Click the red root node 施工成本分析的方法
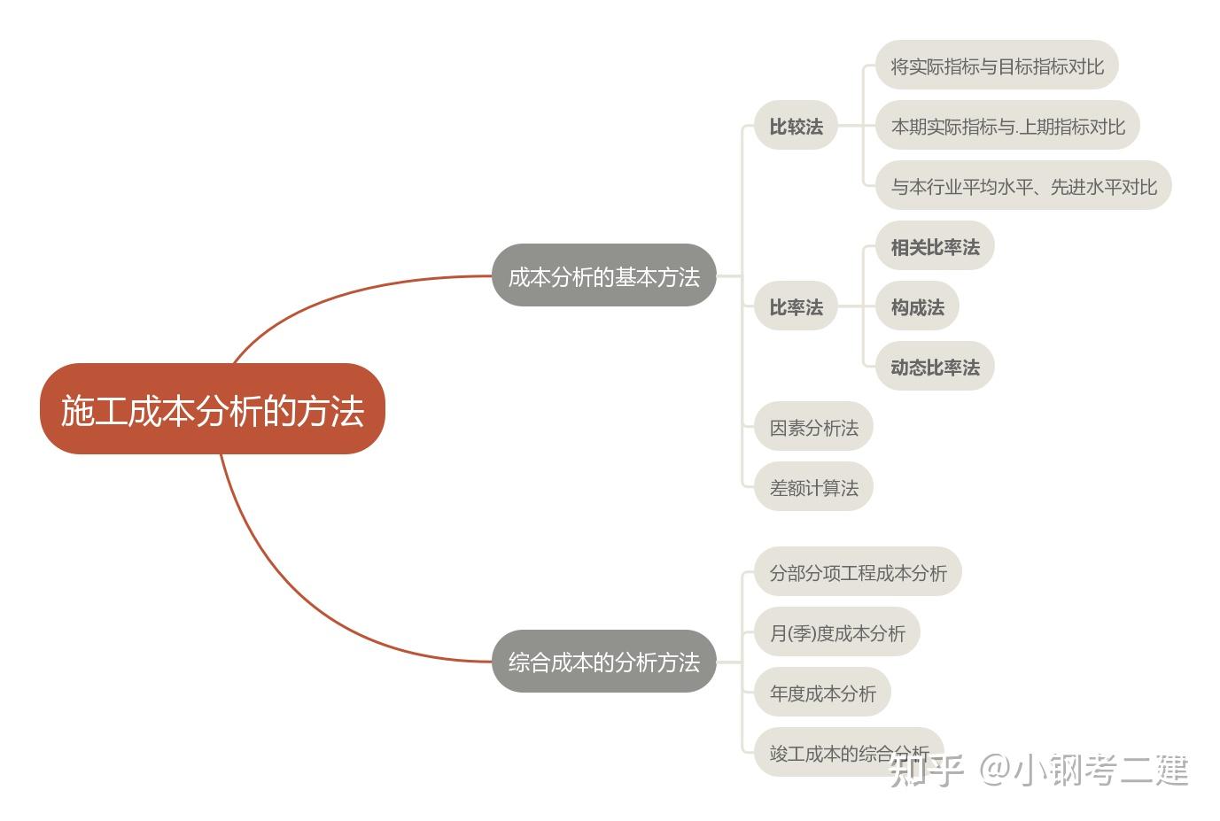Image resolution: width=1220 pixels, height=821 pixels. [x=213, y=409]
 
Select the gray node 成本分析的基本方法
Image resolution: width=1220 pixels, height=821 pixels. [x=603, y=276]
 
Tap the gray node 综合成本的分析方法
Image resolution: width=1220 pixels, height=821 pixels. [x=603, y=662]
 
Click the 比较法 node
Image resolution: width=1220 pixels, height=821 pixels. [x=796, y=126]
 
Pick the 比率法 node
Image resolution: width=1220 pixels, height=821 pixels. [x=796, y=306]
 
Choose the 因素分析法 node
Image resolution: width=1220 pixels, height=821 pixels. [x=813, y=428]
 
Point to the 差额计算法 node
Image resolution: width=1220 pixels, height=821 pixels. [x=813, y=487]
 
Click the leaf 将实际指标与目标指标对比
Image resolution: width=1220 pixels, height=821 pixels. [x=997, y=66]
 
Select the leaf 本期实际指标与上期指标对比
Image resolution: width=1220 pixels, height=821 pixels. [x=1007, y=126]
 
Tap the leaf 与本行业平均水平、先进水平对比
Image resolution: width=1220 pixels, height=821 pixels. [x=1023, y=186]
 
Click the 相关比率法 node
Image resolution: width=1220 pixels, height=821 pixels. [x=935, y=246]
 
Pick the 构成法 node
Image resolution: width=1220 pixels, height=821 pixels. [x=917, y=306]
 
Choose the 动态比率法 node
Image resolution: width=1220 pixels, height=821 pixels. [x=935, y=367]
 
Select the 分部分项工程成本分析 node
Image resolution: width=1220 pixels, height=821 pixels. [x=858, y=572]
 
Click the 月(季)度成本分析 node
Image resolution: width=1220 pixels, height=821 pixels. [x=837, y=632]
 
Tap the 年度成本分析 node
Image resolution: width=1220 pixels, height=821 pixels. [x=822, y=693]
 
